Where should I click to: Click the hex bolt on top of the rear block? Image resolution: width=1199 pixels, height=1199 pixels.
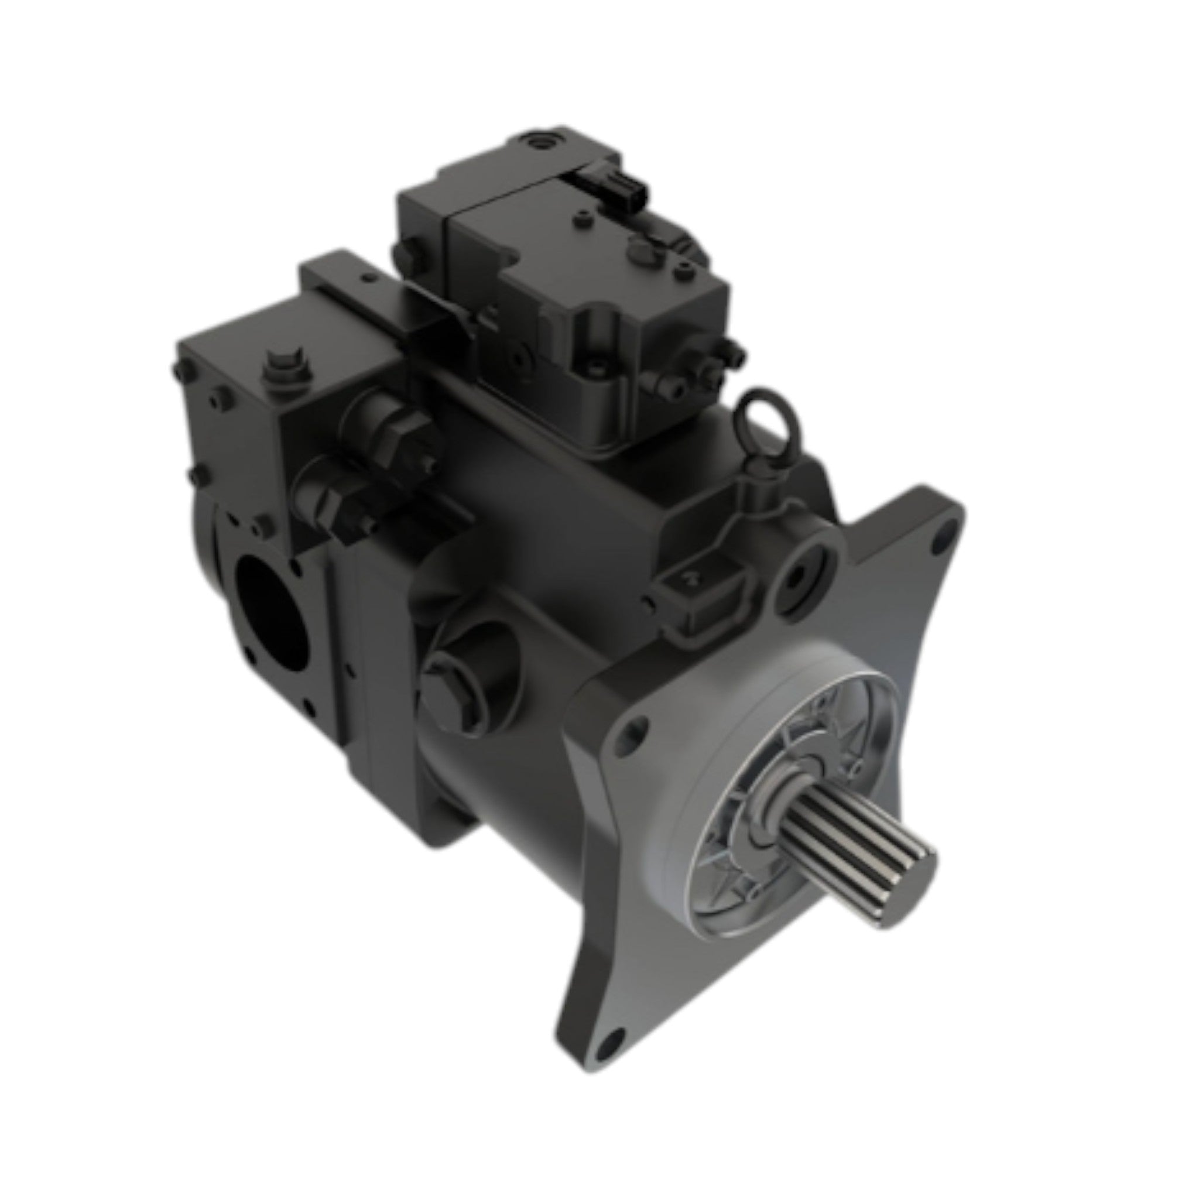pos(287,368)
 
